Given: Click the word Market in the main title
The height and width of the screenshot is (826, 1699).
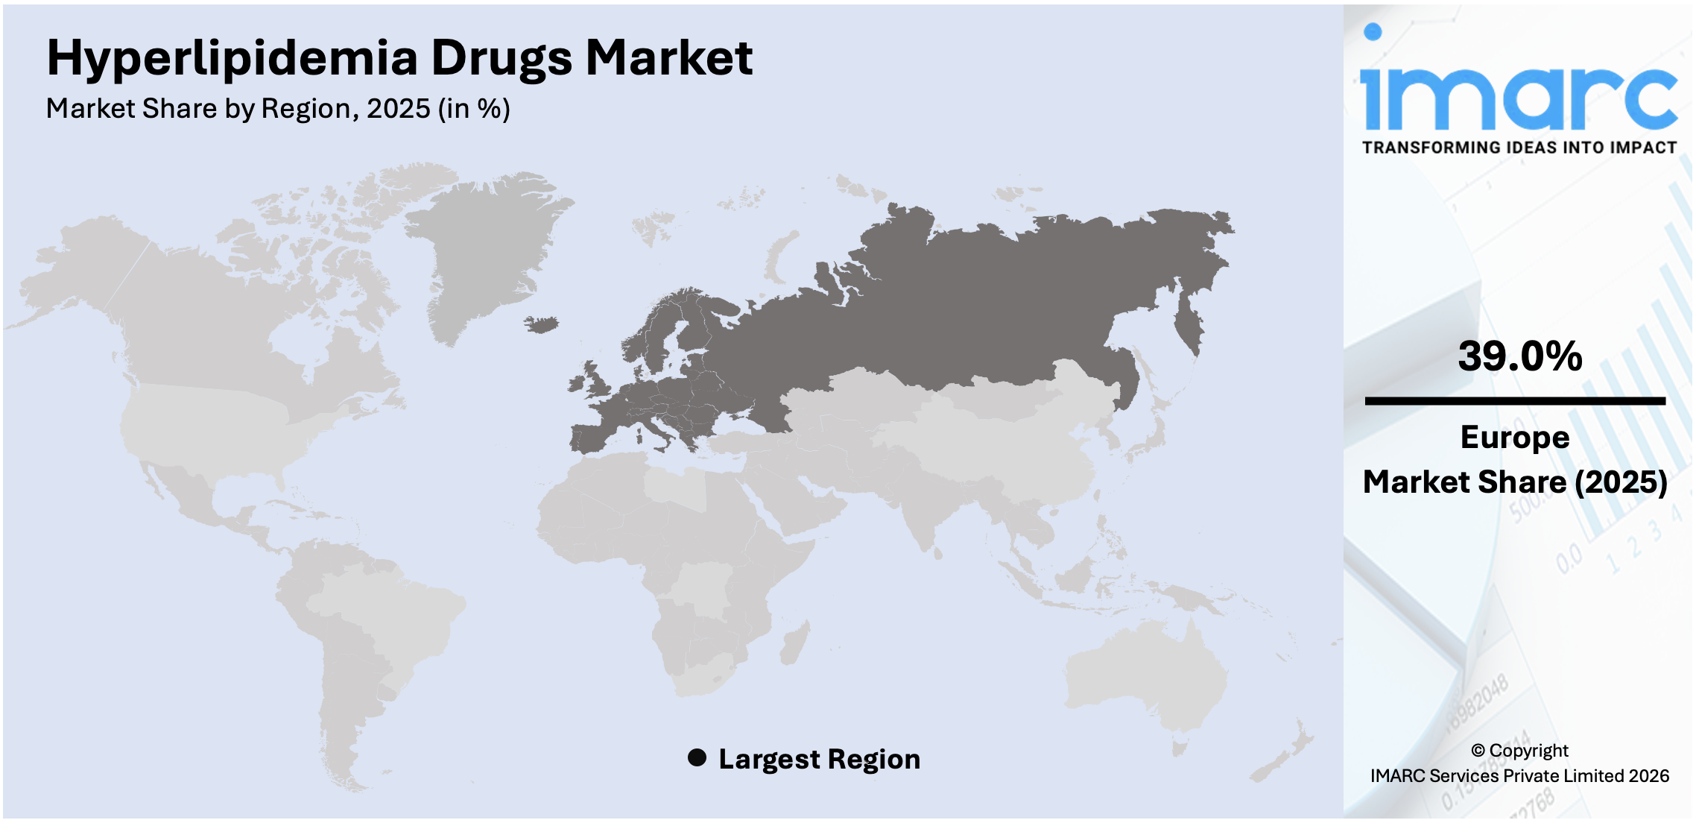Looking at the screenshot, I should click(x=668, y=58).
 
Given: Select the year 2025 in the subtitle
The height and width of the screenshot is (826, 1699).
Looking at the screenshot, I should click(x=398, y=109).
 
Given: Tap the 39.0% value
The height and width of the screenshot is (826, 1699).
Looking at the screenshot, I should click(x=1519, y=356).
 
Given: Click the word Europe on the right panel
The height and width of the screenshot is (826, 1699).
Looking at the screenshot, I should click(x=1514, y=437).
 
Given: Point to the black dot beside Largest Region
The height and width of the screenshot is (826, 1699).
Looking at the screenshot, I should click(x=697, y=758).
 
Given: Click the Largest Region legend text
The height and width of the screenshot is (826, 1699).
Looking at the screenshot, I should click(x=819, y=759).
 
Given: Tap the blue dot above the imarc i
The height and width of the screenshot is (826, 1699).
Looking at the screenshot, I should click(x=1373, y=31).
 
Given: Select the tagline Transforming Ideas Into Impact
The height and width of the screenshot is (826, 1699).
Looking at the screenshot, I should click(x=1519, y=148).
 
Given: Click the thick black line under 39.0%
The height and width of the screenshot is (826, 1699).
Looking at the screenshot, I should click(x=1514, y=401).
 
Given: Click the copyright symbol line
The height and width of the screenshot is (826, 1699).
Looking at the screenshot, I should click(x=1519, y=750).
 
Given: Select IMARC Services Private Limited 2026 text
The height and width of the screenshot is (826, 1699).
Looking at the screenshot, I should click(x=1519, y=776).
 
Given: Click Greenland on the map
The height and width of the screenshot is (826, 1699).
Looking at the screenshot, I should click(x=481, y=246).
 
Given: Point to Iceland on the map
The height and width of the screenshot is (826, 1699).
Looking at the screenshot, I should click(x=542, y=324).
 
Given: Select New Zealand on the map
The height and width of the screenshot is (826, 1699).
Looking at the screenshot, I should click(x=1285, y=760).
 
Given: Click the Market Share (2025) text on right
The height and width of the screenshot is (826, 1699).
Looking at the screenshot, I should click(x=1514, y=482).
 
